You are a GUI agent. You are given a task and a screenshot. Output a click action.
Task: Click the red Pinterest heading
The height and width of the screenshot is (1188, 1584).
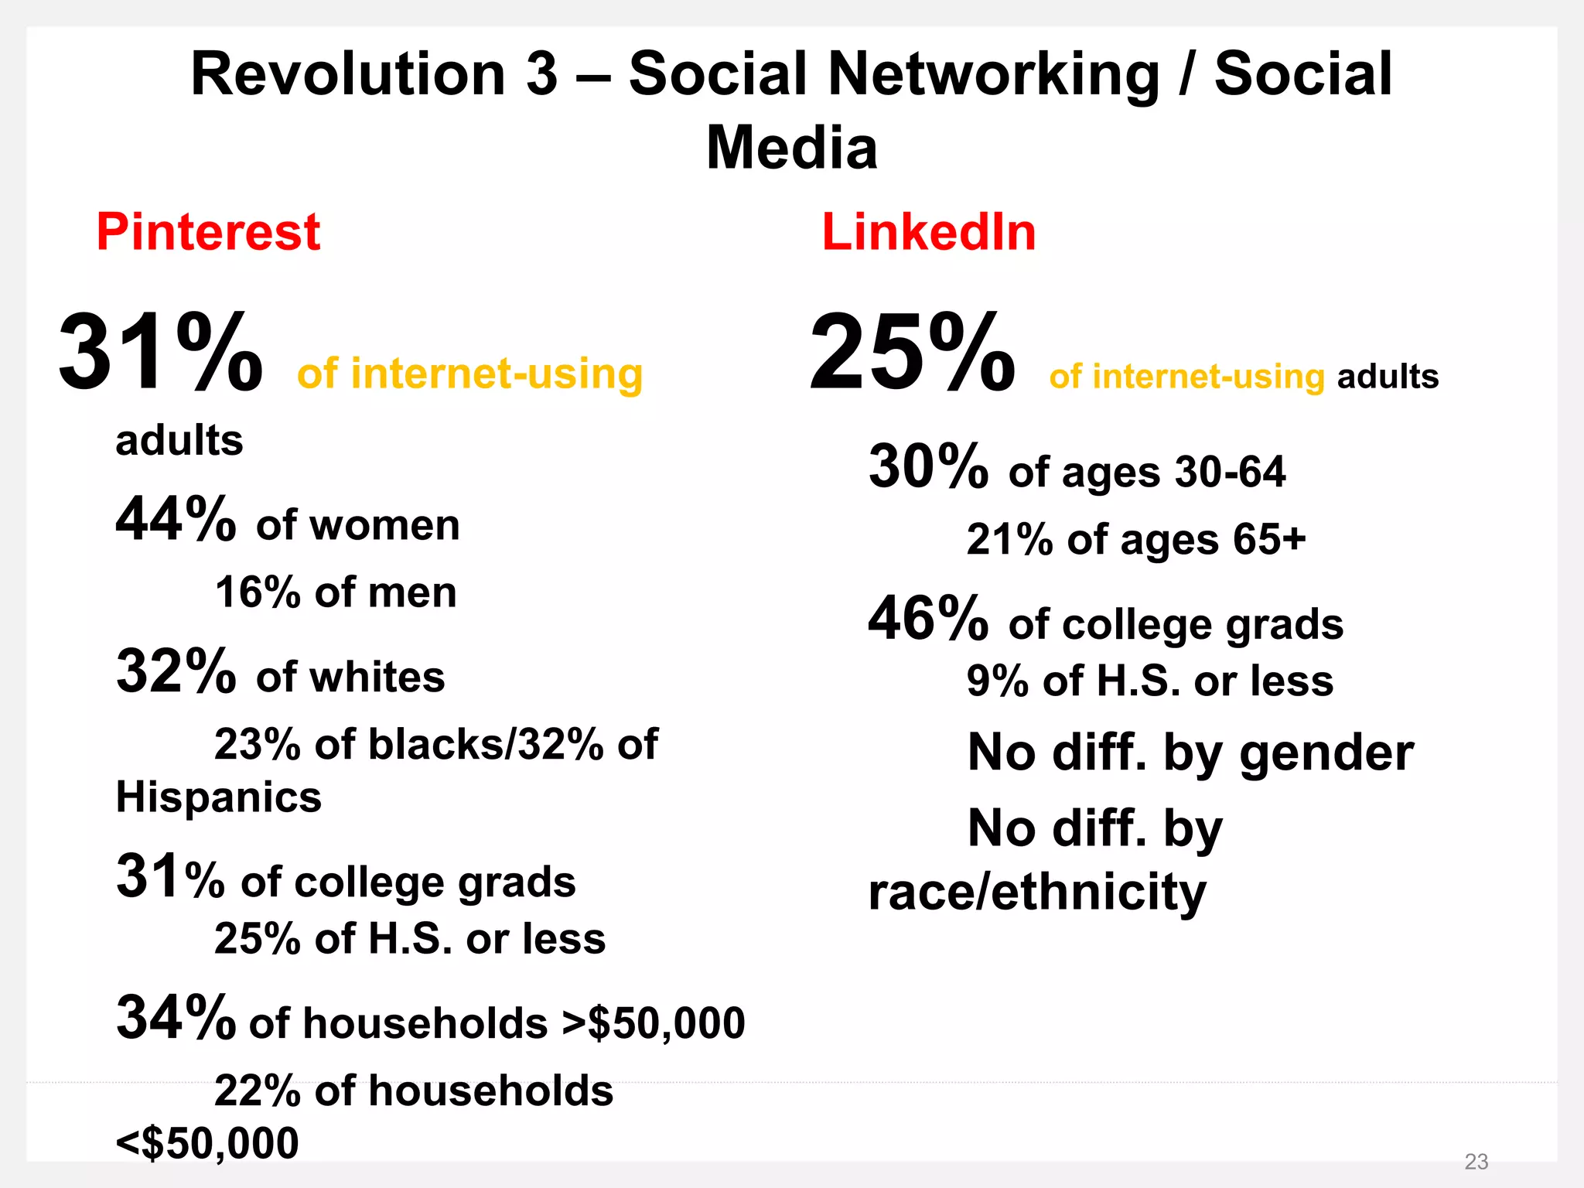pos(207,232)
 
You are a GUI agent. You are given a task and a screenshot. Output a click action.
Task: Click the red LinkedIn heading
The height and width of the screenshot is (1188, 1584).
pos(928,232)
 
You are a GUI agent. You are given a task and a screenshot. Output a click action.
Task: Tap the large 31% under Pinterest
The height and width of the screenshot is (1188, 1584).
pos(160,353)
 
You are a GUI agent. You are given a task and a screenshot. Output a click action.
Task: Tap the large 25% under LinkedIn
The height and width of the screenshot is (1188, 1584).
pos(912,353)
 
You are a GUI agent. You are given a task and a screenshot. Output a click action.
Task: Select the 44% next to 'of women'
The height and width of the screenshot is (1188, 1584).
pos(176,519)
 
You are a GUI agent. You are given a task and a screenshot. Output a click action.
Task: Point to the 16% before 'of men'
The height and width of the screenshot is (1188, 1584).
pos(257,592)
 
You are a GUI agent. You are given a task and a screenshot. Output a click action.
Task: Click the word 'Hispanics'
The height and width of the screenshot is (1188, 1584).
pos(218,797)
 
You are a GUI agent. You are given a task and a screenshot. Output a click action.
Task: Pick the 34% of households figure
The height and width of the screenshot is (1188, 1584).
pos(176,1017)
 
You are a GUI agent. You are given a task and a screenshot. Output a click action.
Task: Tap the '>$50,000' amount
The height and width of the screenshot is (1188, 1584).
pos(654,1022)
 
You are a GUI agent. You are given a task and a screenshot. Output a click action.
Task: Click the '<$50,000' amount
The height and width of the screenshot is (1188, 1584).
pos(207,1143)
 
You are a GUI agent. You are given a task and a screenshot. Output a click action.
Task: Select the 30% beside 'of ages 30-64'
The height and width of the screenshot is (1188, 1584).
pos(928,466)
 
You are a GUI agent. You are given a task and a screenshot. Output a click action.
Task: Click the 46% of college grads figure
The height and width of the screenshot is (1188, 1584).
pos(928,619)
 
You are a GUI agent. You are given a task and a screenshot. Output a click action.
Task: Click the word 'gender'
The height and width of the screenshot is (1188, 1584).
pos(1326,754)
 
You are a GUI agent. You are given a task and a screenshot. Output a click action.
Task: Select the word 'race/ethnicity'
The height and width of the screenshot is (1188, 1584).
pos(1036,892)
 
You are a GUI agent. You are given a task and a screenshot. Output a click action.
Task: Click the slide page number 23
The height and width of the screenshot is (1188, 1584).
pos(1476,1161)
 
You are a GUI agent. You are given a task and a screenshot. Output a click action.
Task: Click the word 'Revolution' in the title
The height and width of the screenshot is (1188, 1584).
pos(347,74)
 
